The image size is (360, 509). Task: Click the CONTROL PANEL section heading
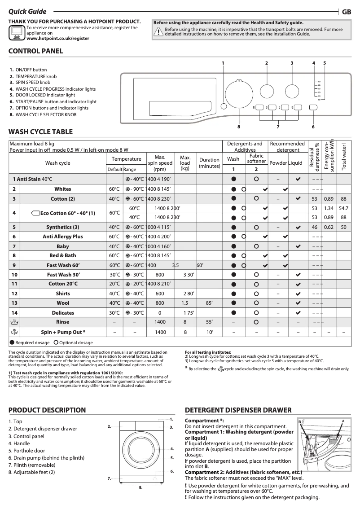(36, 51)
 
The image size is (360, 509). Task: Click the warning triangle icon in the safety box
(158, 31)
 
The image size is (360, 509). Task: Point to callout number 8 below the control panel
(239, 127)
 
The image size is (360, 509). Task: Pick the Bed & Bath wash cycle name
(63, 255)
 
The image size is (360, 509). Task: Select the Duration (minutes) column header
(209, 162)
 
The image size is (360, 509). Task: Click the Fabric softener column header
(256, 158)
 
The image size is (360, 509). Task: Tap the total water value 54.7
(343, 208)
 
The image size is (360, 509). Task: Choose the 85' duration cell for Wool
(209, 303)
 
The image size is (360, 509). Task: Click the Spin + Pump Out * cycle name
(63, 332)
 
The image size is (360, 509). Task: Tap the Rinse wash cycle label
(63, 322)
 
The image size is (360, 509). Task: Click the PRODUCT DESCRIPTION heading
(47, 410)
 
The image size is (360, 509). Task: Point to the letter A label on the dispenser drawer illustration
(342, 421)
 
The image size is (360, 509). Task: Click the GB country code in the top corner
(347, 12)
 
